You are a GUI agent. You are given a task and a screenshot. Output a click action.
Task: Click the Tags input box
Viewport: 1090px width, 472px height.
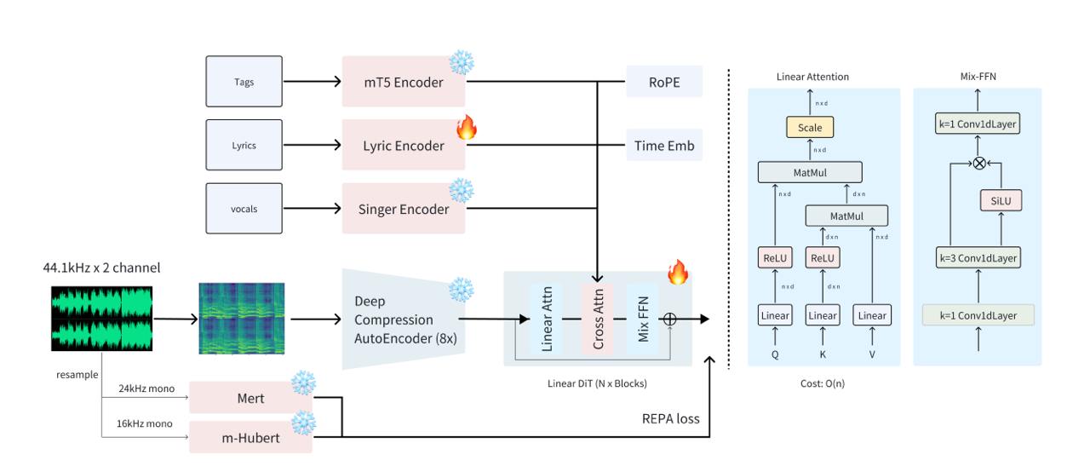pyautogui.click(x=244, y=81)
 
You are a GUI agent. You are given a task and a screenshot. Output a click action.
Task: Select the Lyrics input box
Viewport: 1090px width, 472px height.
pyautogui.click(x=244, y=145)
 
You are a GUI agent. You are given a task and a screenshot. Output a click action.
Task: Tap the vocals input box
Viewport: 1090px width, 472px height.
pyautogui.click(x=244, y=208)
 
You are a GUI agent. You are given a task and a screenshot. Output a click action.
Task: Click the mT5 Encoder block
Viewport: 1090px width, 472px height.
pyautogui.click(x=404, y=81)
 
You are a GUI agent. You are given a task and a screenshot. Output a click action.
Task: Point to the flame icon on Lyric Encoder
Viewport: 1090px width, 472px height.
pyautogui.click(x=467, y=127)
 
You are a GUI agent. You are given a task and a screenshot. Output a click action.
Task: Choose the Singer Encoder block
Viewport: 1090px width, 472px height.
pyautogui.click(x=404, y=208)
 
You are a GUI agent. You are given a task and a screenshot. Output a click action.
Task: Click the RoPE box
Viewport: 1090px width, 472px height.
pyautogui.click(x=664, y=82)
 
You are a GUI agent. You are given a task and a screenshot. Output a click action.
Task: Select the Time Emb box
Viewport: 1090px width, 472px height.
pyautogui.click(x=664, y=145)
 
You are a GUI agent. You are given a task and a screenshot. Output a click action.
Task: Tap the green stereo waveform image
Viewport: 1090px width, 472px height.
pyautogui.click(x=101, y=319)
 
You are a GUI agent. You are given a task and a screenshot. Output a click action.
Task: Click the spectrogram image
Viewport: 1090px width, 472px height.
pyautogui.click(x=242, y=319)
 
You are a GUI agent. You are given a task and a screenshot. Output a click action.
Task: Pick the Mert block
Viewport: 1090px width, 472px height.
pyautogui.click(x=250, y=398)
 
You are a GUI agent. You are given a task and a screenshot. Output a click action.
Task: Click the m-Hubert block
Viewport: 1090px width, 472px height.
pyautogui.click(x=250, y=437)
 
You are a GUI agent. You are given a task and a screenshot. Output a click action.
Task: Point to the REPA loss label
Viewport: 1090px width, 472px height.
pyautogui.click(x=670, y=418)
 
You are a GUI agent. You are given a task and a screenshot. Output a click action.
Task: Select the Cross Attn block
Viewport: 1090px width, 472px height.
pyautogui.click(x=598, y=319)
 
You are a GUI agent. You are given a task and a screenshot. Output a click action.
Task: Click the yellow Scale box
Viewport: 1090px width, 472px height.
pyautogui.click(x=810, y=127)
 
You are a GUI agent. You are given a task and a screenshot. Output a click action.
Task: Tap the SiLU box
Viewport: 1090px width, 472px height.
pyautogui.click(x=1001, y=200)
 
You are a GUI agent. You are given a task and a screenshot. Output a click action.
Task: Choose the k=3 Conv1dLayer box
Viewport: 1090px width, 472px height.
pyautogui.click(x=978, y=258)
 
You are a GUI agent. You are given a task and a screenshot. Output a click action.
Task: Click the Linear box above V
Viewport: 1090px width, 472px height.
pyautogui.click(x=872, y=315)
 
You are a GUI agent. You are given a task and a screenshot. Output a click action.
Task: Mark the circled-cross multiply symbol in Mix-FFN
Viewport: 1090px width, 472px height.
pyautogui.click(x=979, y=163)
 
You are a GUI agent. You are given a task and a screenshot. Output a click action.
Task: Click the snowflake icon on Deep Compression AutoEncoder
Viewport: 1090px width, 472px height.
pyautogui.click(x=461, y=290)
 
